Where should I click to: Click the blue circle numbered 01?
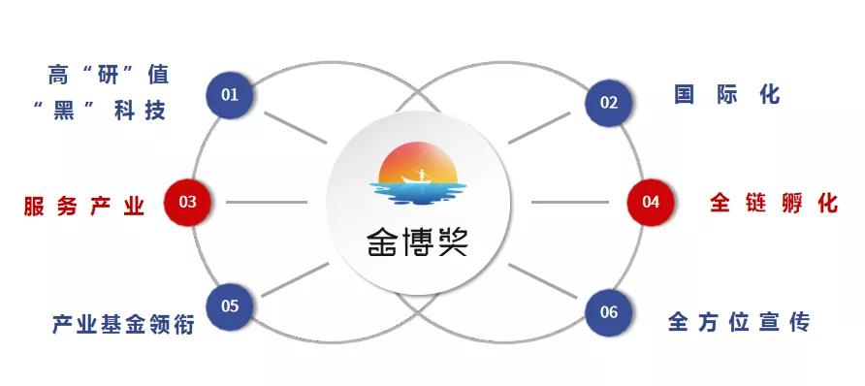[230, 95]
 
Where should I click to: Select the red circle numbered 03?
[188, 203]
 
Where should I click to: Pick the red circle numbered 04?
[651, 203]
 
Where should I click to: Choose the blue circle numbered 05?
[230, 306]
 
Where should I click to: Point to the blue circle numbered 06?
[609, 312]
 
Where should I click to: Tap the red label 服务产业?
[84, 206]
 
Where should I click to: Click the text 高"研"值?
[108, 74]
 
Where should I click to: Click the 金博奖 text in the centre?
[418, 242]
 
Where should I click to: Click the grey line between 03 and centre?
[268, 203]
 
